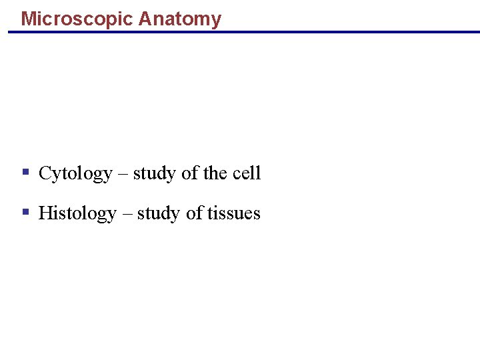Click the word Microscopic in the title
tap(77, 19)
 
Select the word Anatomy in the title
tap(180, 19)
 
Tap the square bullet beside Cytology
tap(25, 172)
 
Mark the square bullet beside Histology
tap(25, 212)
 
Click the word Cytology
tap(75, 174)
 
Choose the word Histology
tap(77, 213)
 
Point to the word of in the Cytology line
tap(190, 173)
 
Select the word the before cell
tap(215, 173)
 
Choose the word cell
tap(247, 173)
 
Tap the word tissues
tap(233, 213)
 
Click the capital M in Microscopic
tap(28, 19)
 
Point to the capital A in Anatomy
tap(145, 19)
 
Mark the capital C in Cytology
tap(45, 173)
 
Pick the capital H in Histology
tap(45, 213)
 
